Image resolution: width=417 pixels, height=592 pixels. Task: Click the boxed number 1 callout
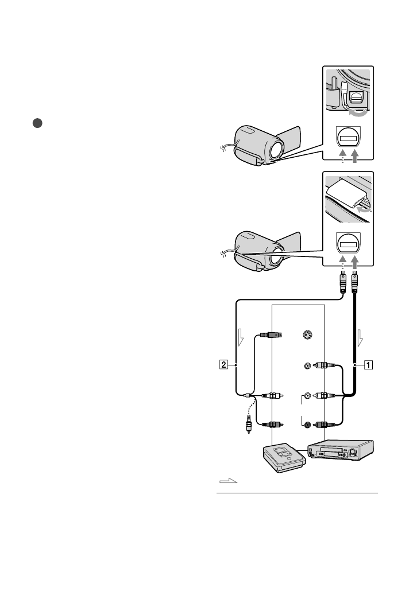(368, 365)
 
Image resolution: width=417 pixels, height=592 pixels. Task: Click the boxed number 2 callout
(224, 365)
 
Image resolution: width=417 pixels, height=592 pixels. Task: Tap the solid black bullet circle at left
(37, 123)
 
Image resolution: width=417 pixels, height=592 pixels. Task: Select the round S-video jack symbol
(308, 335)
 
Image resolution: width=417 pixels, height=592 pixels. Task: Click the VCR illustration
(340, 450)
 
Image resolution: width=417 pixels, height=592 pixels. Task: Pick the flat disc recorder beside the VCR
(284, 458)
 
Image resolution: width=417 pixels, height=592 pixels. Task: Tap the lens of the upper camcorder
(277, 150)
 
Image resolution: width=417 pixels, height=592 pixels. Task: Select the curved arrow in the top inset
(358, 112)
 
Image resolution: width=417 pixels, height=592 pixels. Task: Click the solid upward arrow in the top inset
(354, 156)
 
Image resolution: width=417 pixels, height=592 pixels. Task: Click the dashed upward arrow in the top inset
(342, 156)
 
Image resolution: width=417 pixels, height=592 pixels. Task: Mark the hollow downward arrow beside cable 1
(360, 338)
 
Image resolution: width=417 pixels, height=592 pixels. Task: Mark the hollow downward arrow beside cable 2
(241, 337)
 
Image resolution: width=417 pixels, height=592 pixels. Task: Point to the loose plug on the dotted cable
(248, 424)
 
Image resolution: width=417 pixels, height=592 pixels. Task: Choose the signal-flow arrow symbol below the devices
(229, 481)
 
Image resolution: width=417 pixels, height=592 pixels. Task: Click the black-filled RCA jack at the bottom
(308, 424)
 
